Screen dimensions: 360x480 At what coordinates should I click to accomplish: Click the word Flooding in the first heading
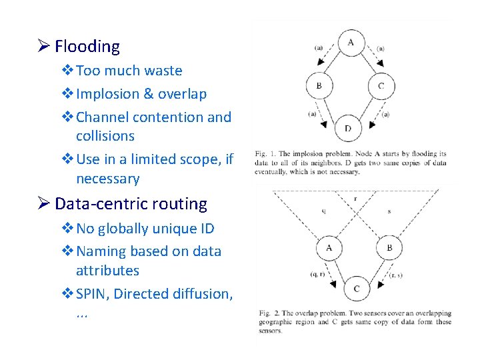point(87,47)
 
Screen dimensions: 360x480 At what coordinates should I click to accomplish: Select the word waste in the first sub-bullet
point(163,71)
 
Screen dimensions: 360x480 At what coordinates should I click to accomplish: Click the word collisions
point(105,136)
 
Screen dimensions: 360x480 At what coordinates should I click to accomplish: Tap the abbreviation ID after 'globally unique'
point(207,229)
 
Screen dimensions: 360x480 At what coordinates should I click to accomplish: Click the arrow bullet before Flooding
point(43,47)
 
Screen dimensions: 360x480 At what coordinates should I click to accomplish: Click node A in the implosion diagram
point(351,43)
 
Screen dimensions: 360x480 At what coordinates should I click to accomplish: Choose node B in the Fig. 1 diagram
point(319,86)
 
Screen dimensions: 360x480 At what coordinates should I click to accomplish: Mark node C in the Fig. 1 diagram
point(381,86)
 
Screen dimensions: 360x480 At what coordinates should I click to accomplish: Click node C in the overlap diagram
point(356,288)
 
